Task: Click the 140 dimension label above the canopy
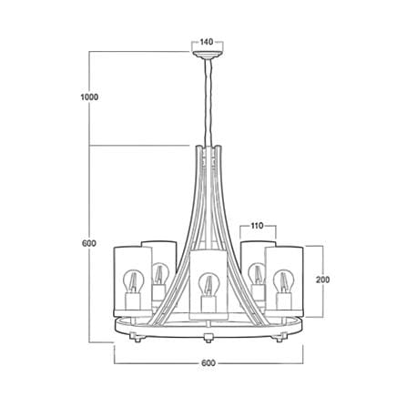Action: point(207,42)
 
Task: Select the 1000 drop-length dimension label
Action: point(89,97)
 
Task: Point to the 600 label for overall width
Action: point(209,363)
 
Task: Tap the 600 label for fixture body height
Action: point(89,243)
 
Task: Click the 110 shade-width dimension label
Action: point(258,226)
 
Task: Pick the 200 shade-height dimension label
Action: point(322,280)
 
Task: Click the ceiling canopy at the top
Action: point(208,55)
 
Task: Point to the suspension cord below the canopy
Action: point(208,102)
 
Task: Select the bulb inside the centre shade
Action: point(208,284)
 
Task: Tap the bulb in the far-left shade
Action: point(133,281)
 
